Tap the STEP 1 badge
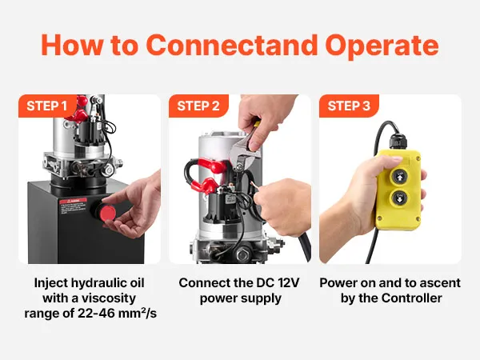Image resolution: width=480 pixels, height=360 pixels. point(47,106)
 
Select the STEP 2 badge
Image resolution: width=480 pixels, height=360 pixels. point(198,106)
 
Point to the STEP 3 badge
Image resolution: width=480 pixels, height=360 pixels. point(349,106)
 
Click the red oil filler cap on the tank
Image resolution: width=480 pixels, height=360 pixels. point(107,214)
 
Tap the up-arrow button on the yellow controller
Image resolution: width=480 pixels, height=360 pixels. point(400,177)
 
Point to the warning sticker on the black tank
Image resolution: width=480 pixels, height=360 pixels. point(73,206)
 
